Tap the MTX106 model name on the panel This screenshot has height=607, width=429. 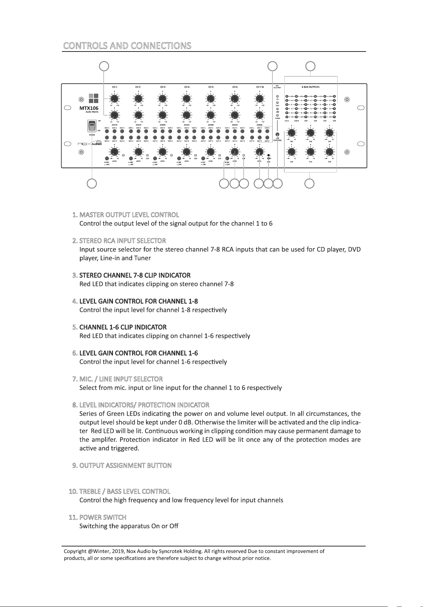coord(89,108)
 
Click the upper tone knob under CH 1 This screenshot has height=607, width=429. coord(114,98)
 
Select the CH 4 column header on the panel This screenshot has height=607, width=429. coord(186,87)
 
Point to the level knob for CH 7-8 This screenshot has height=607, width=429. coord(259,152)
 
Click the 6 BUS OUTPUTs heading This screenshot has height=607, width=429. coord(311,87)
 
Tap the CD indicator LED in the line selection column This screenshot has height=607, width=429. coord(277,96)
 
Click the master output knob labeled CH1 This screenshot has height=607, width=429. coord(292,133)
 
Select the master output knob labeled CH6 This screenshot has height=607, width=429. coord(329,152)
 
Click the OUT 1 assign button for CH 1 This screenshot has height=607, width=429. coord(107,131)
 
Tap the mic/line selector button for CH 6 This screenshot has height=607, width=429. coord(227,159)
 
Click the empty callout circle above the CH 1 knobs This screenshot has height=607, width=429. coord(104,66)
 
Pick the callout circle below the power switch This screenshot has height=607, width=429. coord(92,183)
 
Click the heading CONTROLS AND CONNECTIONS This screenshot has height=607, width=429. coord(127,46)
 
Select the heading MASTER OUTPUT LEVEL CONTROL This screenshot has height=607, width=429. coord(129,215)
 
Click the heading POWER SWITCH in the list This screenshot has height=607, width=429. coord(103,518)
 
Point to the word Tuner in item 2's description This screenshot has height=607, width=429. coord(143,258)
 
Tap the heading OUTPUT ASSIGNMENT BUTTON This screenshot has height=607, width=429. coord(125,466)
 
